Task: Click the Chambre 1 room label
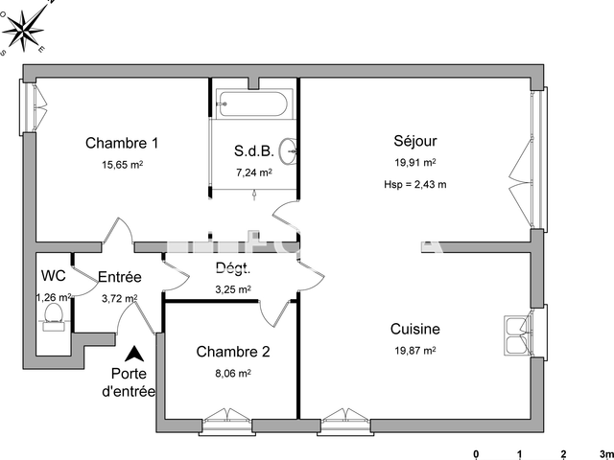pos(122,144)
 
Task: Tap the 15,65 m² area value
pos(122,165)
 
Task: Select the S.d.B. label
pos(254,151)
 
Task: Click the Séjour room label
pos(414,141)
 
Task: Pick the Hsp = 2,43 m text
pos(414,183)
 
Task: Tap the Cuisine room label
pos(414,329)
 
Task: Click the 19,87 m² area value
pos(414,351)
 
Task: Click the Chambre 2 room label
pos(232,352)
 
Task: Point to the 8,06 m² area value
pos(232,373)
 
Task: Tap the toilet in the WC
pos(54,313)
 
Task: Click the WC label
pos(54,276)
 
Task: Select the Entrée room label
pos(120,278)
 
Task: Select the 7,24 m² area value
pos(254,173)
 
